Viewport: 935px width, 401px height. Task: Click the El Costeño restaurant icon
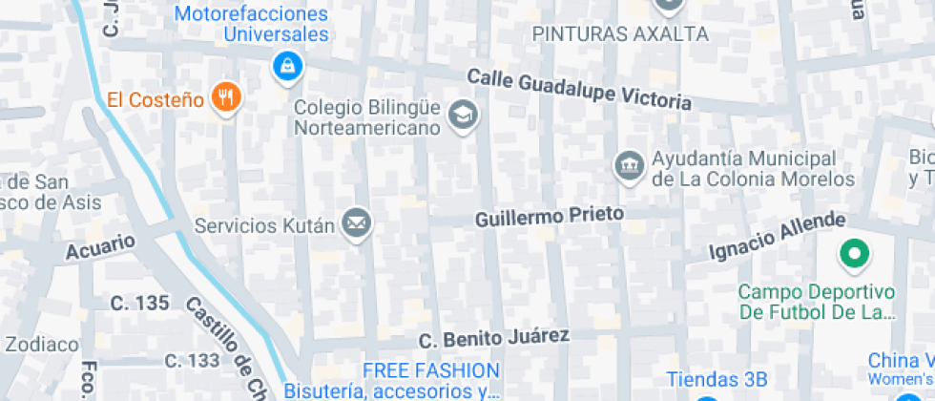225,96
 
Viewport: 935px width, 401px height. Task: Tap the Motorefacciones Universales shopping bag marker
286,66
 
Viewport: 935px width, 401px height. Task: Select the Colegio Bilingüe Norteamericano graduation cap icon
464,116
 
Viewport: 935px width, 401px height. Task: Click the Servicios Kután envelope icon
358,224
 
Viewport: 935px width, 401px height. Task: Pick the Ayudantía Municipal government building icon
628,165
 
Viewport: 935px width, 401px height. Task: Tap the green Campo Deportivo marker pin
853,254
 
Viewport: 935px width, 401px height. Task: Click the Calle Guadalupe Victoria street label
579,90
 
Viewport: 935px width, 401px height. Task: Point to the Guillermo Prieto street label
550,217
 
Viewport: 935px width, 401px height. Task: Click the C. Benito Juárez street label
494,338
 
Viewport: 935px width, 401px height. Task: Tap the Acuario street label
100,246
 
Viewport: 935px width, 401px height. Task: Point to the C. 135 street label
139,304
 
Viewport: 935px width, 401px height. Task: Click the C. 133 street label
192,361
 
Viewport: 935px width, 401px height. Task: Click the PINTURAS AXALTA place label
620,34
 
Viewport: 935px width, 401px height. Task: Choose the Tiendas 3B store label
717,378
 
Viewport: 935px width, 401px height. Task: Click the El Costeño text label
156,98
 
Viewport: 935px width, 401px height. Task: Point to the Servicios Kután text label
264,226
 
